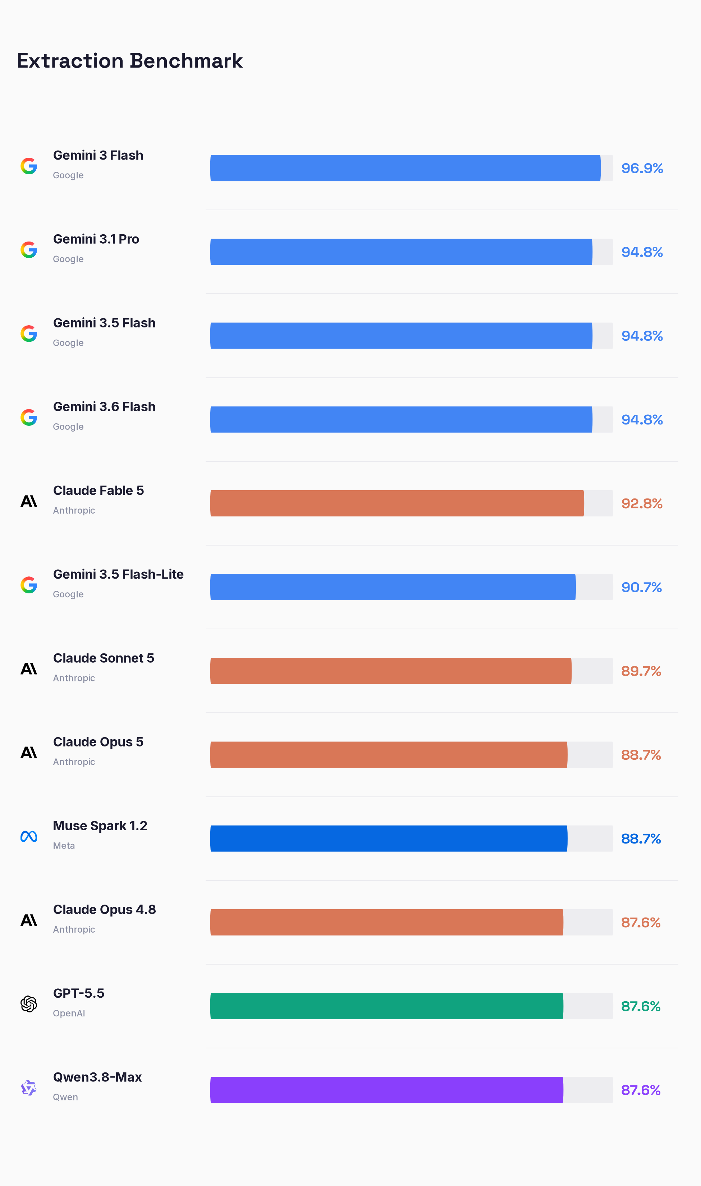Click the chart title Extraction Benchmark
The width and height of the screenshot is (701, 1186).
point(130,61)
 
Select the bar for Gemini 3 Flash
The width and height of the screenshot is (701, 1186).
point(405,168)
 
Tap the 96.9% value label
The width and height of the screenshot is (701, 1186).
point(642,169)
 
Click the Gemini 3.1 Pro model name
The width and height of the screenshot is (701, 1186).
point(96,239)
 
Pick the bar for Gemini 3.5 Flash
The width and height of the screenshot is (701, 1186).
point(401,336)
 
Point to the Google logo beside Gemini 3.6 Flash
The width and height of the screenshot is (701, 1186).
point(29,417)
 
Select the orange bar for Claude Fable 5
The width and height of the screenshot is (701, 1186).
point(397,503)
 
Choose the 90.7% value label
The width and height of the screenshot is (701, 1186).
point(641,587)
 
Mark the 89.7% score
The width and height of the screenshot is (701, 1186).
point(641,671)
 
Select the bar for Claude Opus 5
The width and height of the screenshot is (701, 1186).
point(389,754)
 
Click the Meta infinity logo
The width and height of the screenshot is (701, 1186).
point(29,836)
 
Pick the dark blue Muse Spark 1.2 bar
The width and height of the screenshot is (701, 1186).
point(389,838)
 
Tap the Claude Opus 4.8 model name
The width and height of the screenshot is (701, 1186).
point(104,909)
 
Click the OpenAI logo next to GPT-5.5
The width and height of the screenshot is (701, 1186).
point(29,1004)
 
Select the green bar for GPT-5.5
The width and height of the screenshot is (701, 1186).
point(387,1006)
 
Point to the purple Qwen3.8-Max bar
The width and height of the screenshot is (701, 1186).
point(387,1090)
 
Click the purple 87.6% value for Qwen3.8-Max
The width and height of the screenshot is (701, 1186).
point(641,1090)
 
